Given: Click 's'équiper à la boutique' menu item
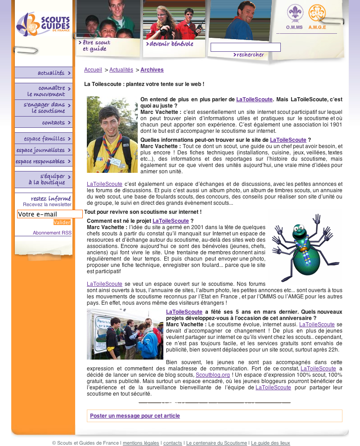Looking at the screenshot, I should click(x=52, y=179).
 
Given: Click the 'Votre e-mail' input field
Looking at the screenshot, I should click(x=49, y=214).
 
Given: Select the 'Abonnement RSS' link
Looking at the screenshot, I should click(x=52, y=233).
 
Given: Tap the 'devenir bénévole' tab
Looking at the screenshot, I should click(x=170, y=44).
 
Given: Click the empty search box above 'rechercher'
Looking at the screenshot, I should click(x=245, y=47).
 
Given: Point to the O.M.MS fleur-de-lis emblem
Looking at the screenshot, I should click(x=295, y=14).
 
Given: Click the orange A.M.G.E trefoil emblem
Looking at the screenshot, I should click(x=317, y=14).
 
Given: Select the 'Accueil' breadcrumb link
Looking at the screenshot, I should click(x=93, y=70).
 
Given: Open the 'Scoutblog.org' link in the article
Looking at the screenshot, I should click(x=213, y=374).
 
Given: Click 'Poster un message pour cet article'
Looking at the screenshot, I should click(x=135, y=416).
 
